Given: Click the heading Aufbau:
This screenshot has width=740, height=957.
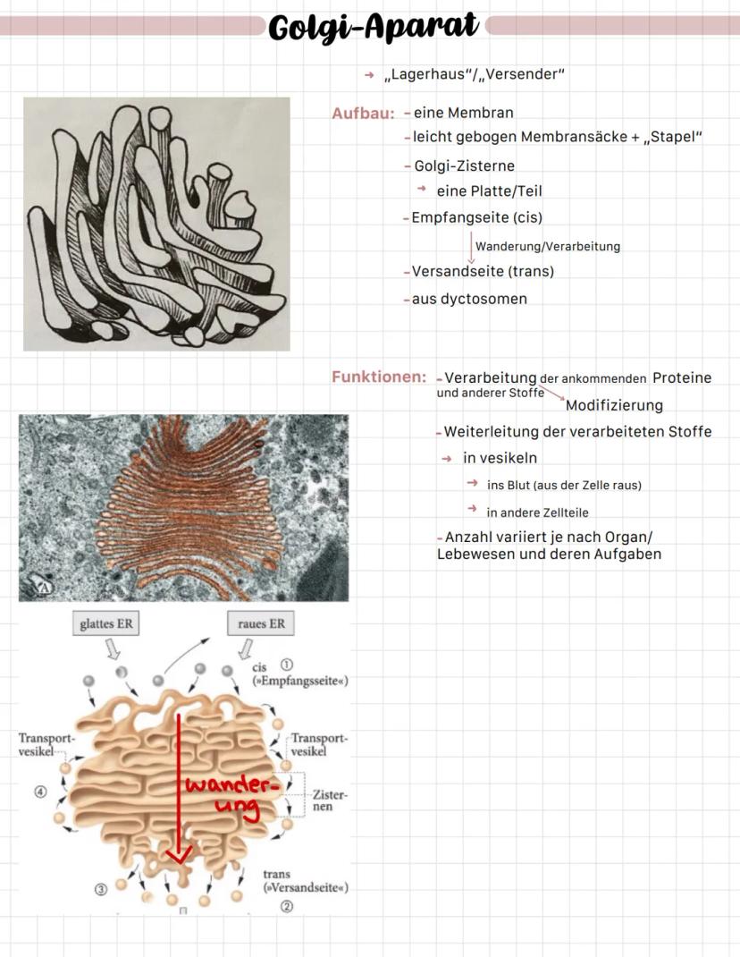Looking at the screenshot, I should (363, 114).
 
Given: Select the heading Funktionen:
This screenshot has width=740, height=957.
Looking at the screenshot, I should (378, 377).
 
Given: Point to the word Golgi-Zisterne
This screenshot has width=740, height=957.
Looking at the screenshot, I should (464, 166).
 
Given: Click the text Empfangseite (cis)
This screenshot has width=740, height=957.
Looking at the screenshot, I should (476, 217).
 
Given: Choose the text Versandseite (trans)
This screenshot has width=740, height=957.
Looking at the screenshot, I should (483, 271).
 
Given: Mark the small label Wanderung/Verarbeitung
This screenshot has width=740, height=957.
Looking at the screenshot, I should (547, 246).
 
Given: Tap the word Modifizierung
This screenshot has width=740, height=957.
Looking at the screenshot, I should (614, 405).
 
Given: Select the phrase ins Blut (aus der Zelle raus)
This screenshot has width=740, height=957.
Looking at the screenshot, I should (564, 485).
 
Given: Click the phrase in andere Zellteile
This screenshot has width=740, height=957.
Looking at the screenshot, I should (537, 512).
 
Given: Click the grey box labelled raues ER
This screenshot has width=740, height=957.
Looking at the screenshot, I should (261, 623).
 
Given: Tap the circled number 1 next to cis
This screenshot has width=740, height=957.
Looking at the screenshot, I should (287, 665).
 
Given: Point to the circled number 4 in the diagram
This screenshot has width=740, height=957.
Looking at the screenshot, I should (39, 792).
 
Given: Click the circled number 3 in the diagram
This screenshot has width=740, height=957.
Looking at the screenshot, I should (101, 888).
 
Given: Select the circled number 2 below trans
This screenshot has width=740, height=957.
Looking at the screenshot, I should (287, 906).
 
